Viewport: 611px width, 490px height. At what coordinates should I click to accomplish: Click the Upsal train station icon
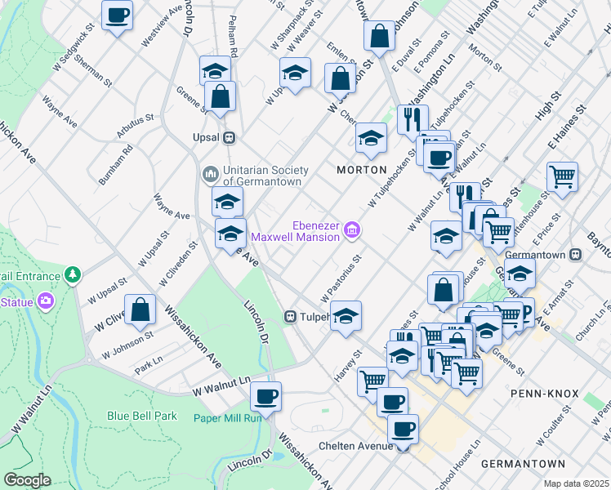click(x=230, y=137)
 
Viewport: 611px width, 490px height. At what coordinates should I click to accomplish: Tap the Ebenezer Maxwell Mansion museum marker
click(x=352, y=231)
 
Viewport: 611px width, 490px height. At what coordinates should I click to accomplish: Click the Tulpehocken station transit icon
click(x=289, y=316)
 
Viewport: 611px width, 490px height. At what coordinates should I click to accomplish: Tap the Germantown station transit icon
click(x=575, y=254)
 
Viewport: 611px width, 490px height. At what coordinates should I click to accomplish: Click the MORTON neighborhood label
click(x=361, y=170)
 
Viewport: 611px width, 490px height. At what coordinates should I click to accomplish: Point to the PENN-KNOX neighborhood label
click(x=544, y=394)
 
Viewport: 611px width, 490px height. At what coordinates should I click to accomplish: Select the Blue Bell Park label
click(x=142, y=416)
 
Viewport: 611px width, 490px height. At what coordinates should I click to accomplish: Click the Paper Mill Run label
click(x=227, y=418)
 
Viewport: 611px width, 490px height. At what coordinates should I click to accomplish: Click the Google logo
click(x=27, y=479)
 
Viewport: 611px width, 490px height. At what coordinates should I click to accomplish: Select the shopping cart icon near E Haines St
click(x=562, y=176)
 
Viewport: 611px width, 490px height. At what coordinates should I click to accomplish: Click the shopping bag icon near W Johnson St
click(x=140, y=310)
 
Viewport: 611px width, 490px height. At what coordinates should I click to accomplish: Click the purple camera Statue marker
click(x=45, y=302)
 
